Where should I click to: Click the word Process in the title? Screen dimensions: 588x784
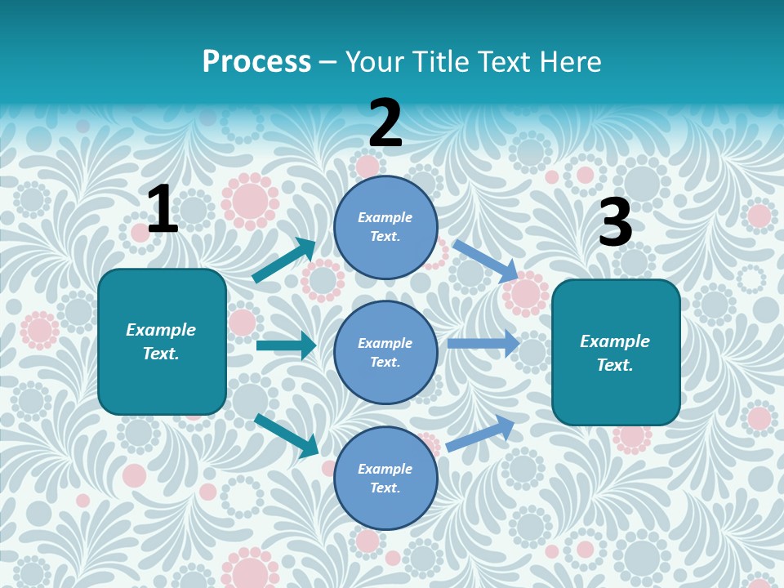(256, 61)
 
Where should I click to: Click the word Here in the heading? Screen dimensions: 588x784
(564, 61)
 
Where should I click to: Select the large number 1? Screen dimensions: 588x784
(163, 210)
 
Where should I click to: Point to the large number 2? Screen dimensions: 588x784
(385, 123)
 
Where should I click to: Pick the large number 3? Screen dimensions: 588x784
(615, 223)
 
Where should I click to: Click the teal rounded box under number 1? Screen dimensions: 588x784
(162, 341)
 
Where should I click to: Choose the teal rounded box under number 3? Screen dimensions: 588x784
(616, 352)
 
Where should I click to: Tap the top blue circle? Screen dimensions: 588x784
(385, 227)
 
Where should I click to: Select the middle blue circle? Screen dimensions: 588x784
(385, 352)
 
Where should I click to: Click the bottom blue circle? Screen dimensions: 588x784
(385, 478)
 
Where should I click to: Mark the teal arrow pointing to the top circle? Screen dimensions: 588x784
(284, 261)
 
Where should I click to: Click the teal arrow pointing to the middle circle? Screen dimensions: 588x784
(286, 345)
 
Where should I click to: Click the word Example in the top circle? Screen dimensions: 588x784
(385, 218)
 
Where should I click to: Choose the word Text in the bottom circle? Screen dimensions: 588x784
(384, 488)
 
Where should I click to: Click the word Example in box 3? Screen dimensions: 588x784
(615, 341)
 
